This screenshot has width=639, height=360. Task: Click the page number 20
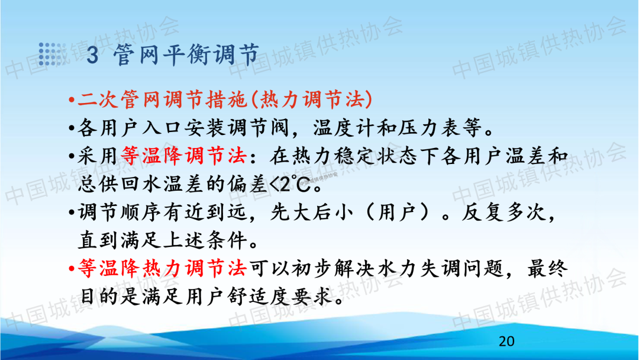pos(506,341)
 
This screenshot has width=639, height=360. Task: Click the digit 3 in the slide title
pos(92,55)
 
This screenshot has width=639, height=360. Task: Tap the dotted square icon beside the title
pos(51,54)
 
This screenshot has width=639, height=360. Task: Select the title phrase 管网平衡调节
pos(186,54)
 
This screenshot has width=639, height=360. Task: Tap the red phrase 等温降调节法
pos(184,156)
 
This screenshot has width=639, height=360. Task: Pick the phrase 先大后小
pos(312,213)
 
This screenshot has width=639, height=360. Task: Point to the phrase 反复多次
pos(504,213)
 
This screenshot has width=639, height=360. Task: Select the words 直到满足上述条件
pos(163,240)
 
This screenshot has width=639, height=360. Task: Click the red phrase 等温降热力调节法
pos(163,269)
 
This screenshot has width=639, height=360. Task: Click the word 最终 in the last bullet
pos(547,269)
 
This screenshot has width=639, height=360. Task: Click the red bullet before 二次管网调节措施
pos(72,100)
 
